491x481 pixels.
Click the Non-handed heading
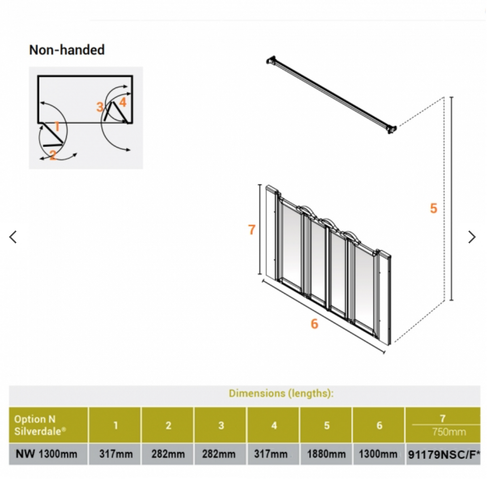click(x=67, y=50)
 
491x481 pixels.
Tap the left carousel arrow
click(x=13, y=237)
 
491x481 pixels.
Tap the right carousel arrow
click(x=472, y=237)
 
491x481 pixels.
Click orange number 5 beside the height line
click(x=434, y=208)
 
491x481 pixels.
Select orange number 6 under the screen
click(x=314, y=324)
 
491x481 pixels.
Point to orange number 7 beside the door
click(x=252, y=230)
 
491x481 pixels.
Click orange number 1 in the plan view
click(x=57, y=127)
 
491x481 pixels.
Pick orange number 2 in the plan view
click(x=53, y=155)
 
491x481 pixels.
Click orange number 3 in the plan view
click(x=99, y=107)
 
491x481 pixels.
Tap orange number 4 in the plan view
click(x=123, y=102)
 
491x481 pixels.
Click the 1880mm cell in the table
click(x=326, y=454)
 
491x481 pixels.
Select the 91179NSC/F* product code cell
click(x=443, y=454)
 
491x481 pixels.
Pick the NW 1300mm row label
click(x=47, y=454)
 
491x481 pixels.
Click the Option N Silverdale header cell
click(x=40, y=425)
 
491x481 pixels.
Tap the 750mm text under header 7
click(x=449, y=432)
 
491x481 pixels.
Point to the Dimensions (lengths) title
click(x=281, y=393)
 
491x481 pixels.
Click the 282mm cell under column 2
click(x=168, y=454)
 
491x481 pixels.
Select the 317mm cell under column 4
click(x=271, y=454)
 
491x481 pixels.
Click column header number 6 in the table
click(x=379, y=425)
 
